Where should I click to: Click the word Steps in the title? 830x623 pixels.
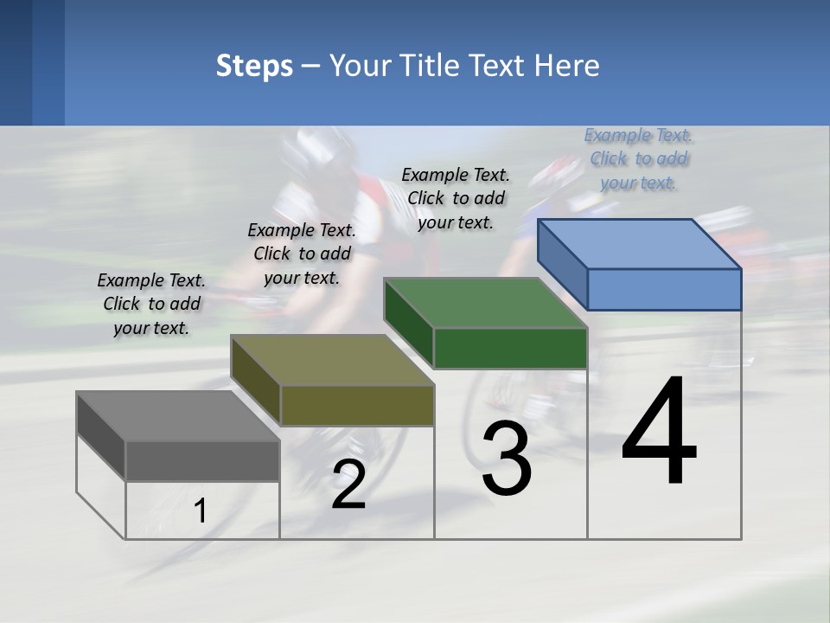pyautogui.click(x=254, y=66)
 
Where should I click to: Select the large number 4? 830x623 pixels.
pyautogui.click(x=660, y=433)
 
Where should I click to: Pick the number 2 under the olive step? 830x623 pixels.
pyautogui.click(x=348, y=485)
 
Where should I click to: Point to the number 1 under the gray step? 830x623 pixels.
pyautogui.click(x=201, y=511)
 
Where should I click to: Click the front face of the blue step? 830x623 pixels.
pyautogui.click(x=664, y=289)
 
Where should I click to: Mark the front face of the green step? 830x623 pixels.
pyautogui.click(x=510, y=348)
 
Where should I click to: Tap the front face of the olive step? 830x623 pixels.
pyautogui.click(x=357, y=405)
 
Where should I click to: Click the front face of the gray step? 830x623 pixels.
pyautogui.click(x=202, y=460)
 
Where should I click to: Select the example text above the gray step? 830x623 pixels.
pyautogui.click(x=151, y=304)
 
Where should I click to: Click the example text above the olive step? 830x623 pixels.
pyautogui.click(x=302, y=254)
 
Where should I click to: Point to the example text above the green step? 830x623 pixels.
pyautogui.click(x=456, y=198)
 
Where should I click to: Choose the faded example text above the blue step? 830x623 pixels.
pyautogui.click(x=639, y=158)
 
